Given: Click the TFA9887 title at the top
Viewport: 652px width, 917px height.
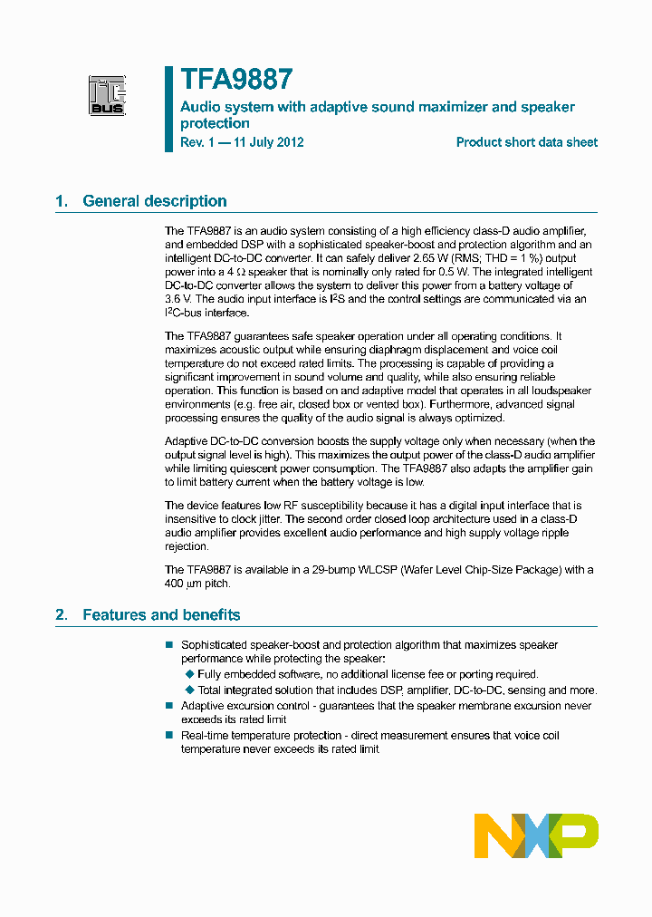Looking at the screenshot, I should tap(235, 81).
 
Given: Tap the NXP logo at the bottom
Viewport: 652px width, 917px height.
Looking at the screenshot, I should tap(536, 835).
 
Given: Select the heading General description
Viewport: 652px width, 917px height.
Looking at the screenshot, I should tap(154, 201).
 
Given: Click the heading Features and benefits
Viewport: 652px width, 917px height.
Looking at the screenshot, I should tap(161, 615).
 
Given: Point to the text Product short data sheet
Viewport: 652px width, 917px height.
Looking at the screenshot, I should tap(526, 142).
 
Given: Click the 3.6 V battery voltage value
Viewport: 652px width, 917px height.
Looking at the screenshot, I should tap(177, 298).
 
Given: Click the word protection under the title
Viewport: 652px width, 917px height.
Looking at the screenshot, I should tap(215, 123).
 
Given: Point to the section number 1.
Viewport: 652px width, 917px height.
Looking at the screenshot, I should tap(61, 201).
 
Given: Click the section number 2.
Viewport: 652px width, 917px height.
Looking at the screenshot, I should tap(61, 615).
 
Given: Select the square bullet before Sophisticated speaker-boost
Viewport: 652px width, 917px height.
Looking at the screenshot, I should tap(168, 644).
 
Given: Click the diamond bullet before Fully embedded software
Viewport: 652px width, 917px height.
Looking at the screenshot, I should tap(189, 674).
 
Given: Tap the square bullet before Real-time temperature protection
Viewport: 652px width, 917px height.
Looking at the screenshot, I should tap(168, 735).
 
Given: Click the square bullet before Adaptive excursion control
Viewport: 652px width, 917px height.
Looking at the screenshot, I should tap(168, 705).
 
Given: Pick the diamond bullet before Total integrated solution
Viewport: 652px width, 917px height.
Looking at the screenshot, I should tap(189, 690).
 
